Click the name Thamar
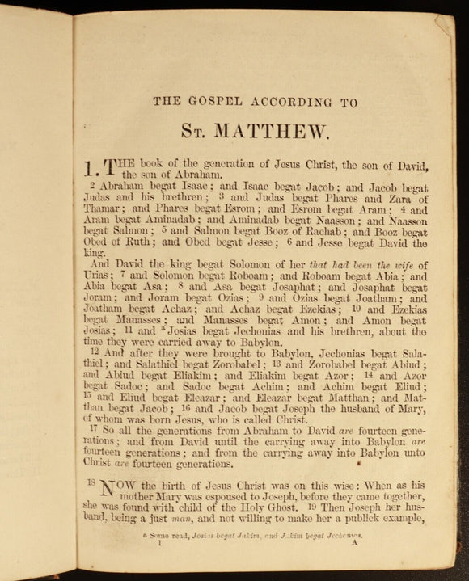100,207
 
